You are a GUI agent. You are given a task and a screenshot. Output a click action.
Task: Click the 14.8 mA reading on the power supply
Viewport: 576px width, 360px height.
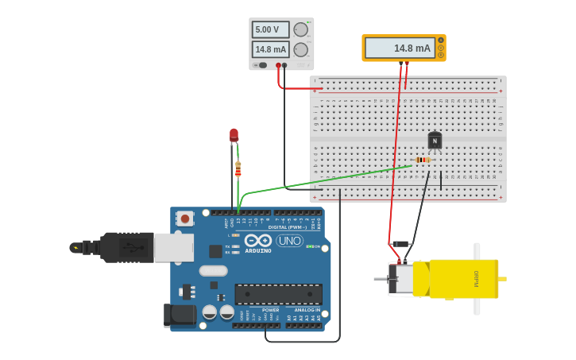pyautogui.click(x=270, y=49)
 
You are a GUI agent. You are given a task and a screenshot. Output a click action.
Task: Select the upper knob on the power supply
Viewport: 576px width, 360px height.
pyautogui.click(x=300, y=29)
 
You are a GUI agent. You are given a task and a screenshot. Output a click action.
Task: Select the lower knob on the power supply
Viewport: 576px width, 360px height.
pyautogui.click(x=300, y=49)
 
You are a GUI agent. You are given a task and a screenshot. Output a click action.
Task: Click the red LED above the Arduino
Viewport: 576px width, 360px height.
pyautogui.click(x=234, y=135)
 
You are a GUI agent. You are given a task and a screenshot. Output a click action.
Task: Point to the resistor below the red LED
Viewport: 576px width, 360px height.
pyautogui.click(x=238, y=169)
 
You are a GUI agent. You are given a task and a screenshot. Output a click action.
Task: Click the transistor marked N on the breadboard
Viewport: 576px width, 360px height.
pyautogui.click(x=435, y=141)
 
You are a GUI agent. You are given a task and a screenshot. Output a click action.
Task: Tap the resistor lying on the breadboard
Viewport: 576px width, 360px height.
pyautogui.click(x=423, y=160)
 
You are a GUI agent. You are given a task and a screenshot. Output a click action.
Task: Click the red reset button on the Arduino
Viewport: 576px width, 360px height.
pyautogui.click(x=184, y=218)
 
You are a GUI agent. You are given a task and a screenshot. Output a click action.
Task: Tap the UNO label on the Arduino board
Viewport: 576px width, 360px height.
pyautogui.click(x=289, y=241)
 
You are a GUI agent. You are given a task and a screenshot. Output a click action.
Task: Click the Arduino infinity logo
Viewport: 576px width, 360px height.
pyautogui.click(x=257, y=240)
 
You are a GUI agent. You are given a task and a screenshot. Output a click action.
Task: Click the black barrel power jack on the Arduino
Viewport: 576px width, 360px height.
pyautogui.click(x=180, y=315)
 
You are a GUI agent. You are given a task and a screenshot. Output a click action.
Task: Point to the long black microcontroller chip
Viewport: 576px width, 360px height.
pyautogui.click(x=278, y=294)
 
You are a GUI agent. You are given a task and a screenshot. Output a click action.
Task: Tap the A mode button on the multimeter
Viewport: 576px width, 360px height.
pyautogui.click(x=441, y=40)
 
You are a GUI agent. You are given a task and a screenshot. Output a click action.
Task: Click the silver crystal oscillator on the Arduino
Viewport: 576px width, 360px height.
pyautogui.click(x=213, y=270)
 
